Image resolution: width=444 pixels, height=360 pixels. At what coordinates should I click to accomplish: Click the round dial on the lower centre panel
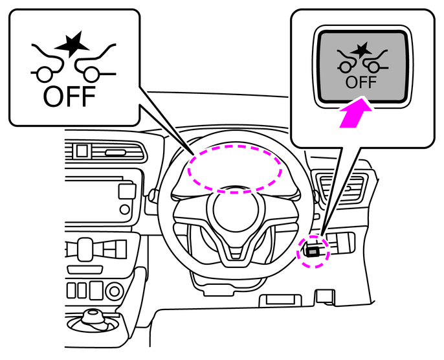coord(83,247)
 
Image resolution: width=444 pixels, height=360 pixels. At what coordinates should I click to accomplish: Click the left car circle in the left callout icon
coord(45,73)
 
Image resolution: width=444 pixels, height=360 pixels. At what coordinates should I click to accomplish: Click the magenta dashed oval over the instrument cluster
coord(234,166)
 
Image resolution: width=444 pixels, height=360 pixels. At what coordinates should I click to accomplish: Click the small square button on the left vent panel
coord(82,152)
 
